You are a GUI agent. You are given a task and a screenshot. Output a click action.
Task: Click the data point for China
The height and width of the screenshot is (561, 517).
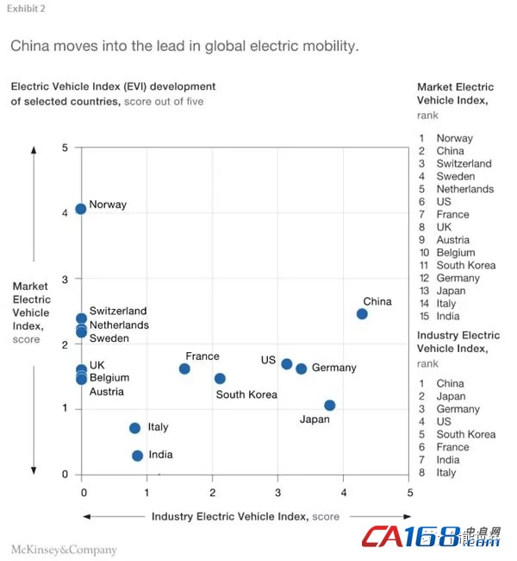pos(362,313)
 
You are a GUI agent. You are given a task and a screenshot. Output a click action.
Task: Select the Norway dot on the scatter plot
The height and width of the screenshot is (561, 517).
pos(81,208)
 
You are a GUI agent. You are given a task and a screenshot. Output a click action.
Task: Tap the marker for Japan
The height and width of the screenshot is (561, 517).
pos(329,405)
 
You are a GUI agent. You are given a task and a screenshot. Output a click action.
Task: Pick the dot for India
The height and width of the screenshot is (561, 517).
pos(137,455)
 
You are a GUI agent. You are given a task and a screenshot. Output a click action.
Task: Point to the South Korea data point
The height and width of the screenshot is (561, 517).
pos(220,378)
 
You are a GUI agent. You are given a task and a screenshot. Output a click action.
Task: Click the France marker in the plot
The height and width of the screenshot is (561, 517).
pos(184,369)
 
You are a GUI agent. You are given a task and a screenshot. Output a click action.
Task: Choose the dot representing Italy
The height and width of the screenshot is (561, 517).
pos(134,427)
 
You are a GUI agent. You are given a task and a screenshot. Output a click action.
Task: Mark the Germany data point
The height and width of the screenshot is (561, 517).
pos(301,369)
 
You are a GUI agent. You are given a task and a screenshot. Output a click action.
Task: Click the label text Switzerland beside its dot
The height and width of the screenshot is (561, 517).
pos(118,311)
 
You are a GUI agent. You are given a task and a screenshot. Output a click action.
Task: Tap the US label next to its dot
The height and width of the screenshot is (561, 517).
pos(268,359)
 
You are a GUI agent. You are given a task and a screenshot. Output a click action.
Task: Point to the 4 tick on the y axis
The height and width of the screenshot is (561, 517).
pos(65,212)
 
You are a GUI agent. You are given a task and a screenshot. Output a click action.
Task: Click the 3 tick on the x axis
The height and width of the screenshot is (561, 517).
pos(277,492)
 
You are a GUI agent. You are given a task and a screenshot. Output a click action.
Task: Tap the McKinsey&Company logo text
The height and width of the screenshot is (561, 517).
pos(64,549)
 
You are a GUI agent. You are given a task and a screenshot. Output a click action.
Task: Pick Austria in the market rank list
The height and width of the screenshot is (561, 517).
pos(452,240)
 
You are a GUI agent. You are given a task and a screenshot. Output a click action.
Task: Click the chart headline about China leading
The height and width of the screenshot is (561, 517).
pos(184,45)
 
